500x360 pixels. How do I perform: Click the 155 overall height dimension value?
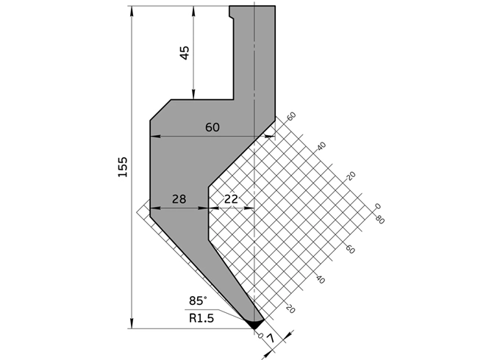point(122,167)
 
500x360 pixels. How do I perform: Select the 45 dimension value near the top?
point(184,52)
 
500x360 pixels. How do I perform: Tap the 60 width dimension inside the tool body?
point(212,127)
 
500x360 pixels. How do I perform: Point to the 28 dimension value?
point(179,199)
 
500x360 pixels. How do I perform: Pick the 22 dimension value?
point(231,199)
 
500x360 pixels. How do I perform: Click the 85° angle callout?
point(198,300)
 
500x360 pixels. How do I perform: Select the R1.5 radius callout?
point(201,318)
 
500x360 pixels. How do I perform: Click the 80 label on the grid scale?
point(379,219)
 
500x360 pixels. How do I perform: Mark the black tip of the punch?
point(254,323)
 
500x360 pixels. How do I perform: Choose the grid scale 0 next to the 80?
point(376,206)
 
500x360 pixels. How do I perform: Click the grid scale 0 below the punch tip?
point(261,335)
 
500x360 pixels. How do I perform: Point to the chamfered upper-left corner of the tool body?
point(160,109)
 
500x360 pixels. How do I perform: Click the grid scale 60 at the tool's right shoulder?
point(291,116)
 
